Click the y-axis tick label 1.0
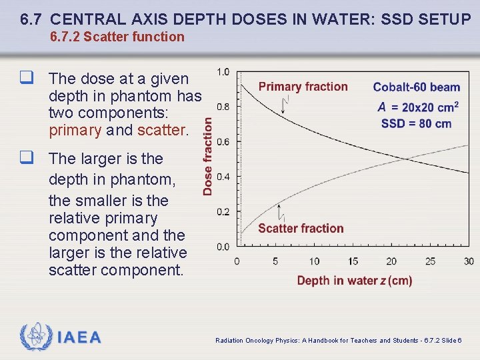click(x=223, y=72)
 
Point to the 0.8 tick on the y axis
click(x=223, y=107)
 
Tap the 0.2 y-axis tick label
click(x=223, y=212)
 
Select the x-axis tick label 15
click(x=353, y=261)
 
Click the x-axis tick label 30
click(x=469, y=261)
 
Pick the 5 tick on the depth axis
click(x=275, y=261)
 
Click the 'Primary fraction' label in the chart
click(x=303, y=87)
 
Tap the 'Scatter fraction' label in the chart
click(x=301, y=229)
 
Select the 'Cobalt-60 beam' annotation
click(x=417, y=87)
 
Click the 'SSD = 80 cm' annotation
click(x=417, y=123)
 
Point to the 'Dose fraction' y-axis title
click(x=208, y=156)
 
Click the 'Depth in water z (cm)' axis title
click(x=355, y=281)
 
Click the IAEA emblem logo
click(x=35, y=337)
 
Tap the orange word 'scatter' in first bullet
click(x=160, y=131)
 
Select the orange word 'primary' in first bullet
click(x=75, y=131)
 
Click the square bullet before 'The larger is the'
click(x=27, y=159)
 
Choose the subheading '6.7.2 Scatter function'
click(x=117, y=37)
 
